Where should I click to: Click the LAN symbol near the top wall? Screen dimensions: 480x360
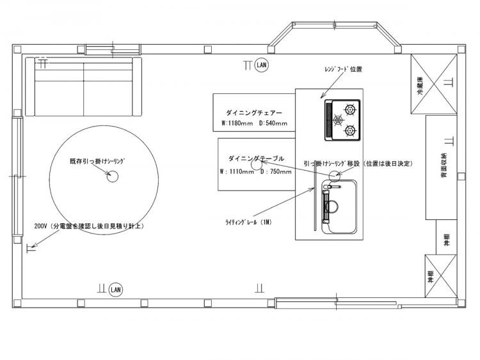tap(262, 65)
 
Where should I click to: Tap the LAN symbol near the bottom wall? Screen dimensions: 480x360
tap(116, 290)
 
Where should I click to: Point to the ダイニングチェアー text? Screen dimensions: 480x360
tap(254, 113)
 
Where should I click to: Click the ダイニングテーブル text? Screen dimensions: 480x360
tap(256, 159)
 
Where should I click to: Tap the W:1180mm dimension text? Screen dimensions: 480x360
tap(237, 123)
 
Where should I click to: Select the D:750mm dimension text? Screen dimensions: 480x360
tap(276, 171)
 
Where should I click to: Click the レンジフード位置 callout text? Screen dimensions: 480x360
tap(343, 69)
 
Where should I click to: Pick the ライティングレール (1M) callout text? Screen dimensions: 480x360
tap(248, 223)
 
